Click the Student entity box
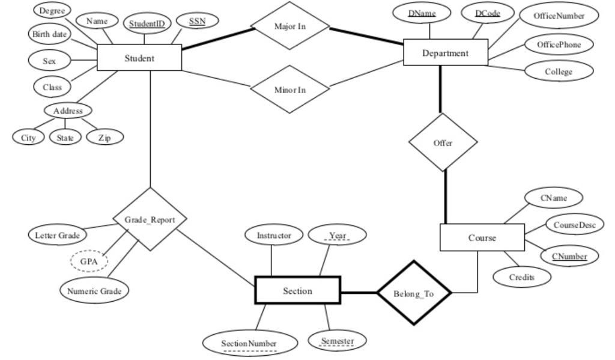pyautogui.click(x=139, y=59)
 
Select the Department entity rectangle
pyautogui.click(x=444, y=53)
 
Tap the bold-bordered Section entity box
pyautogui.click(x=297, y=291)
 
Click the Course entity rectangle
pyautogui.click(x=482, y=238)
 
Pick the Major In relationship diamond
pyautogui.click(x=290, y=27)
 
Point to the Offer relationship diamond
pyautogui.click(x=443, y=144)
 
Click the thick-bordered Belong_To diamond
pyautogui.click(x=413, y=293)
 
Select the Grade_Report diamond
pyautogui.click(x=150, y=220)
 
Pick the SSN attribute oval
pyautogui.click(x=196, y=22)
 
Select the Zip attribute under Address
pyautogui.click(x=105, y=138)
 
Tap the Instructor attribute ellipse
pyautogui.click(x=273, y=236)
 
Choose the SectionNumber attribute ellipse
pyautogui.click(x=249, y=343)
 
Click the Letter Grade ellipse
pyautogui.click(x=56, y=234)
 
